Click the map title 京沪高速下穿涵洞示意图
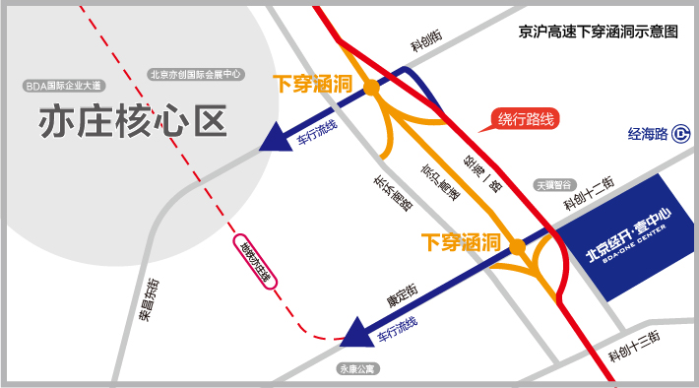(599, 32)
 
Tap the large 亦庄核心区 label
(133, 121)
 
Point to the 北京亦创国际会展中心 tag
(197, 74)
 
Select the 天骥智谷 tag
(552, 183)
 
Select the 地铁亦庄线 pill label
(255, 263)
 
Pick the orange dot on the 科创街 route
(371, 89)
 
